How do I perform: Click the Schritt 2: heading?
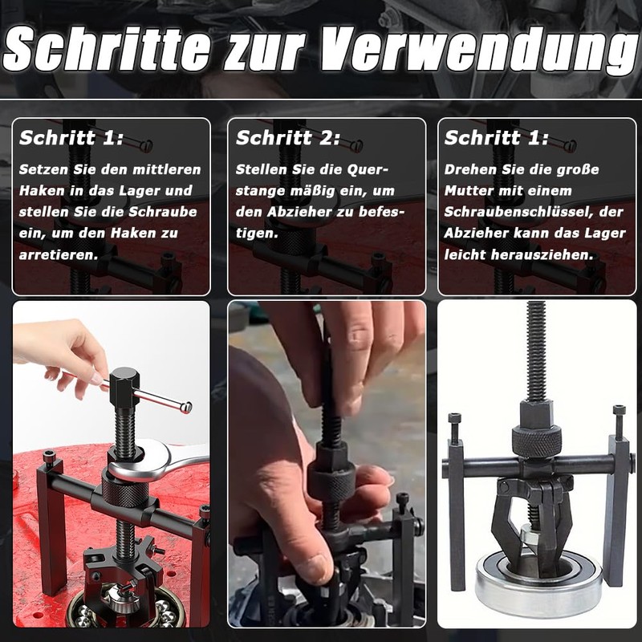(288, 138)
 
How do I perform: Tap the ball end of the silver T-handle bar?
(186, 408)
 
